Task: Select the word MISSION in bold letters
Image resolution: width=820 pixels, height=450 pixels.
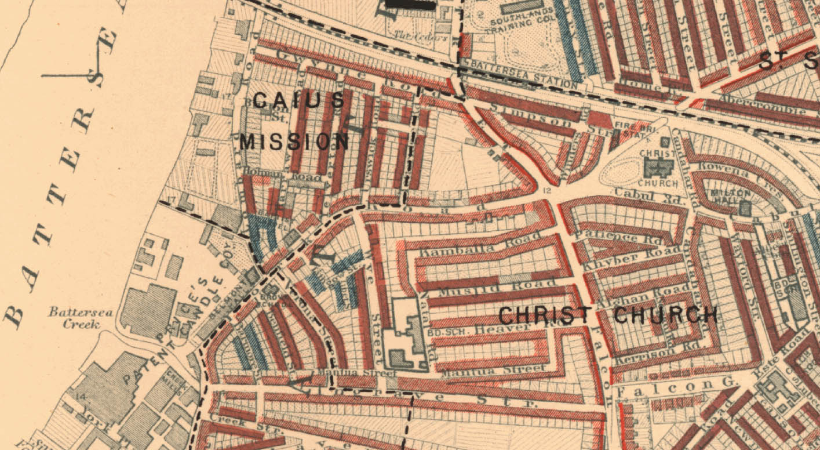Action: (x=294, y=141)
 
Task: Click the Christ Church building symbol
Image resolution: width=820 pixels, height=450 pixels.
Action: (x=658, y=168)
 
